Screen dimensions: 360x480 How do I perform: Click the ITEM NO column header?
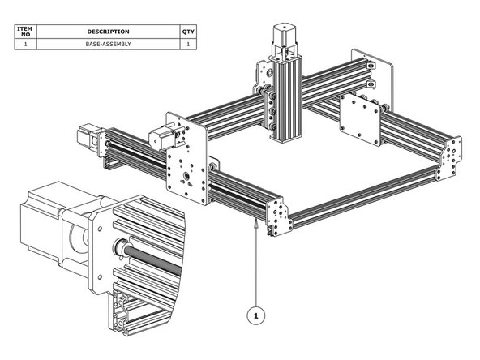[25, 32]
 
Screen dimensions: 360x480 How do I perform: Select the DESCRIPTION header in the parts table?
[108, 32]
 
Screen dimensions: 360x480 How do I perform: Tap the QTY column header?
[189, 32]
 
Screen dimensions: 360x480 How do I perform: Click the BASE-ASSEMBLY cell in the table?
[108, 45]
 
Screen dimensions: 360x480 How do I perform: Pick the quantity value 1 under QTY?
[189, 45]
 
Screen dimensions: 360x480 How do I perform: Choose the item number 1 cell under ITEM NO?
[25, 45]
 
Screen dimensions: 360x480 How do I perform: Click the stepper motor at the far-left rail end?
[87, 137]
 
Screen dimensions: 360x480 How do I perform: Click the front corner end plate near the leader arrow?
[276, 216]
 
